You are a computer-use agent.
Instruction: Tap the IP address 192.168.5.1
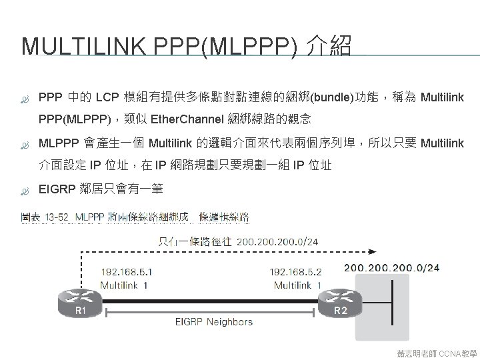pyautogui.click(x=126, y=272)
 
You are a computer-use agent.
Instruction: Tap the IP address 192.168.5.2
pyautogui.click(x=295, y=272)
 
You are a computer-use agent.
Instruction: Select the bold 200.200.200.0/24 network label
pyautogui.click(x=391, y=268)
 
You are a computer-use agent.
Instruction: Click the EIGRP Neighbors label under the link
pyautogui.click(x=213, y=321)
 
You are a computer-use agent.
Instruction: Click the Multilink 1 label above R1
pyautogui.click(x=124, y=285)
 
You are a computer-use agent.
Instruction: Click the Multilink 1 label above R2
pyautogui.click(x=298, y=285)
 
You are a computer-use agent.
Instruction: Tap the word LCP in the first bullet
pyautogui.click(x=107, y=98)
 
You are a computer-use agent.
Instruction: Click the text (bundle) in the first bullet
pyautogui.click(x=334, y=98)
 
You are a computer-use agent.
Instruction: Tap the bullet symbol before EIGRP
pyautogui.click(x=25, y=189)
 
